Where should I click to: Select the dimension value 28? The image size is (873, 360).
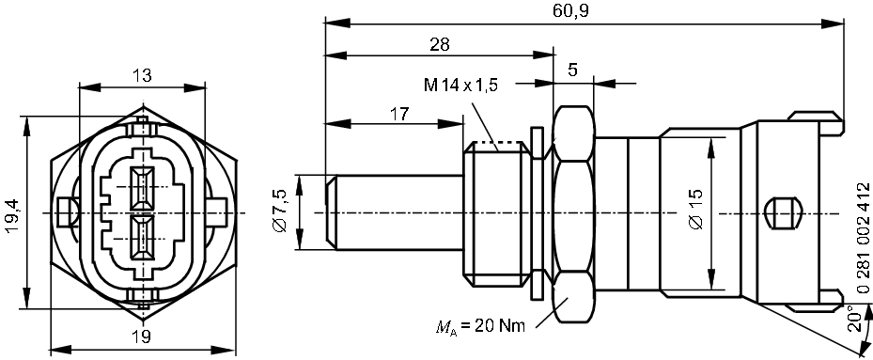click(438, 43)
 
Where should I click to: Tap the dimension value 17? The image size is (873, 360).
click(398, 113)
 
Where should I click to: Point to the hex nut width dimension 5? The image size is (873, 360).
click(573, 70)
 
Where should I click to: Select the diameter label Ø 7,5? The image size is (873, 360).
click(279, 211)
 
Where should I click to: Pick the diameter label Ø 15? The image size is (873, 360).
click(696, 212)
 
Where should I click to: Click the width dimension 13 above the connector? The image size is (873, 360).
click(142, 76)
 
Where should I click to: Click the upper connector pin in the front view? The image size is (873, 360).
click(142, 187)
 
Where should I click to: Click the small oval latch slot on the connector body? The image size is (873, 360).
click(782, 212)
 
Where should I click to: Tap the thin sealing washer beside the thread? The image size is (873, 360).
click(537, 212)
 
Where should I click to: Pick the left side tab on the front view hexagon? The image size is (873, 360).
click(67, 212)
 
